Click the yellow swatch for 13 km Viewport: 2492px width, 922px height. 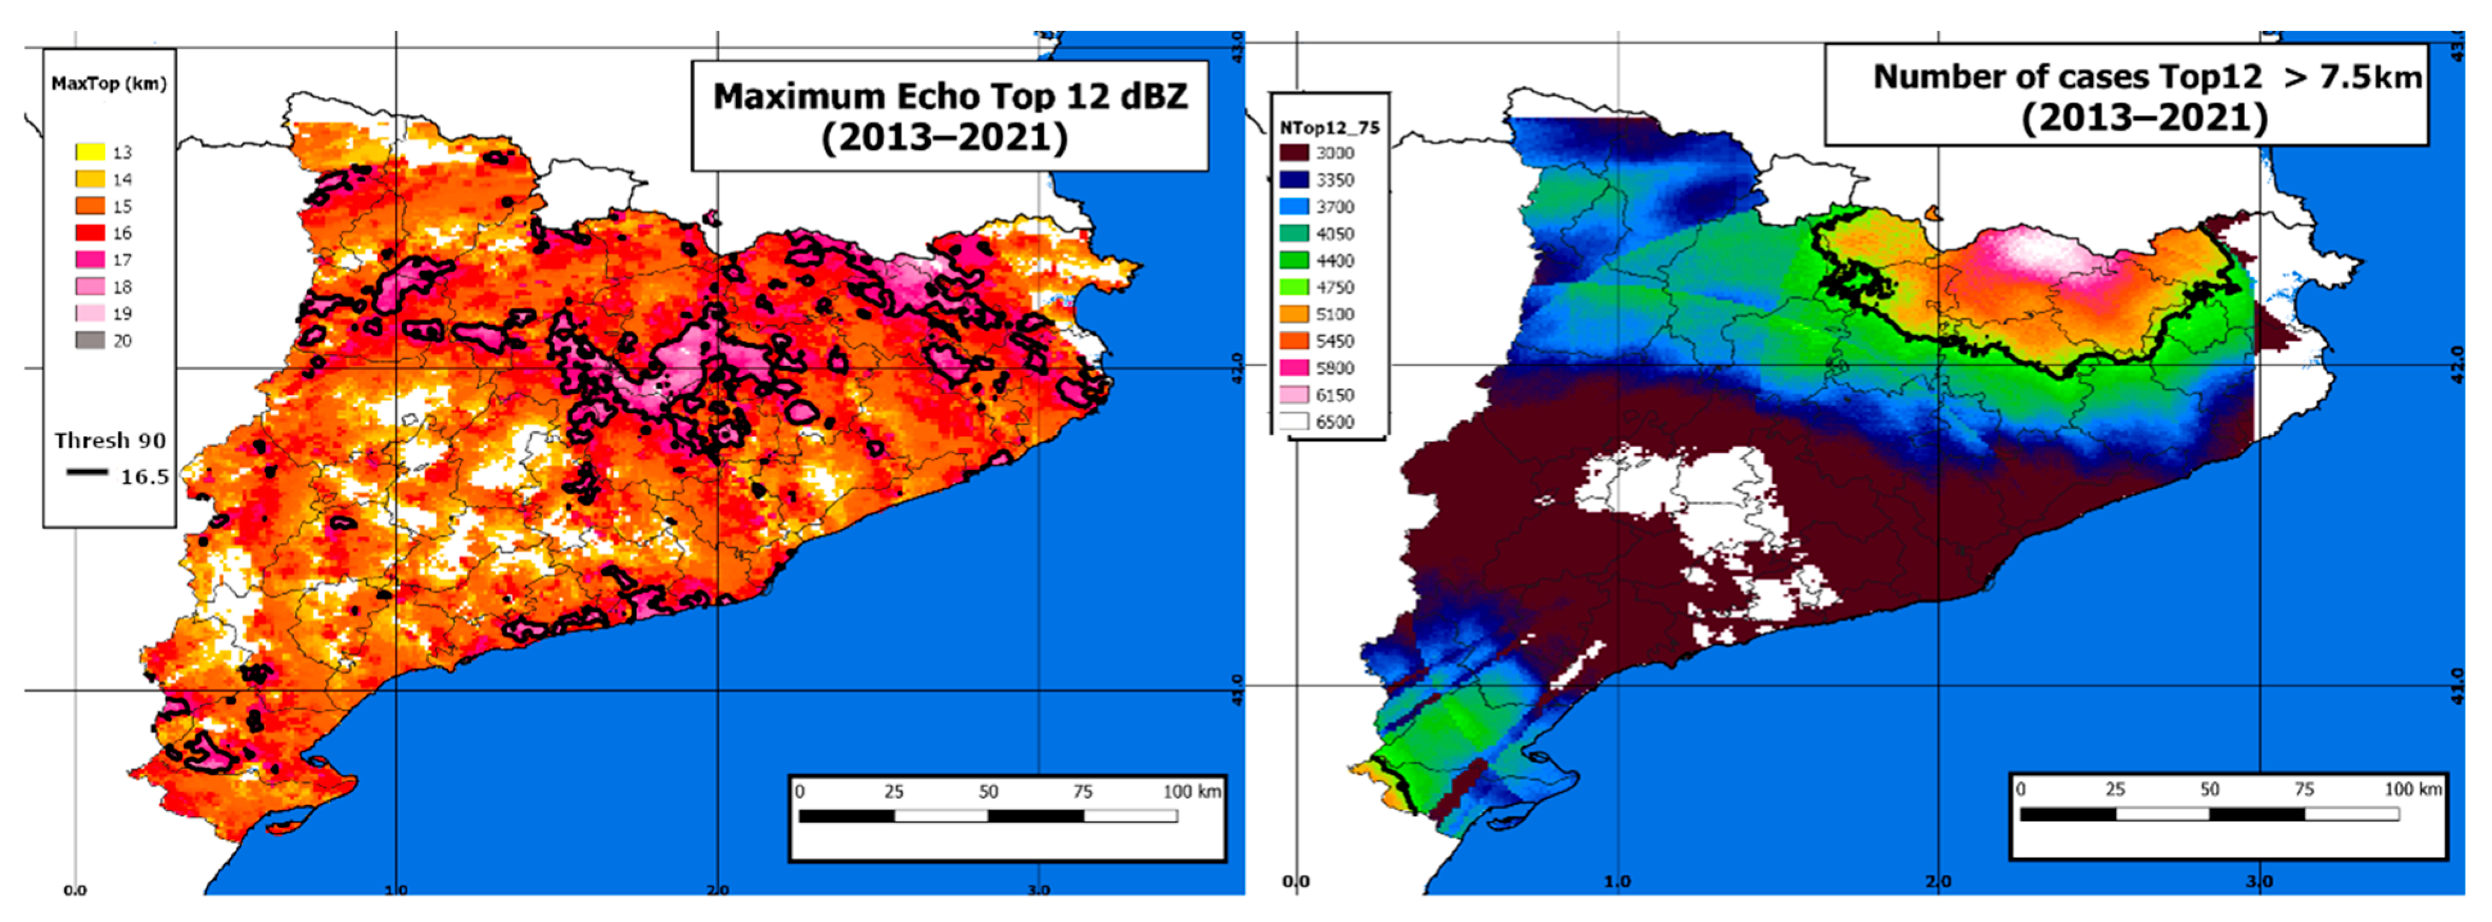(x=90, y=152)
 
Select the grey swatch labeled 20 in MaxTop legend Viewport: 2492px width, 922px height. (x=90, y=340)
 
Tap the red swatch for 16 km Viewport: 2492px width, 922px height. (x=90, y=233)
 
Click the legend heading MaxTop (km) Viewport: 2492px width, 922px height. (x=108, y=84)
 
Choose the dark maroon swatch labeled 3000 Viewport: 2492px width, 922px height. (x=1294, y=153)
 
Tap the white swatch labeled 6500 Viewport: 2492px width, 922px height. (x=1294, y=422)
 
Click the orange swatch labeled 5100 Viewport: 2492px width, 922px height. (x=1294, y=314)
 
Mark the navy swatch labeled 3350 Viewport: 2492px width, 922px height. (x=1294, y=180)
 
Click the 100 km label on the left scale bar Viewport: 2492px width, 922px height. (x=1191, y=791)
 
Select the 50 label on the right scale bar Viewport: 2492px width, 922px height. (x=2210, y=790)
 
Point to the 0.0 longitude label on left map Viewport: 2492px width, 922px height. (x=75, y=890)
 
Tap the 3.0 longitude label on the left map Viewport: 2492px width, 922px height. (x=1038, y=890)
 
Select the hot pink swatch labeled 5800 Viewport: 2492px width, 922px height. (x=1294, y=367)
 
